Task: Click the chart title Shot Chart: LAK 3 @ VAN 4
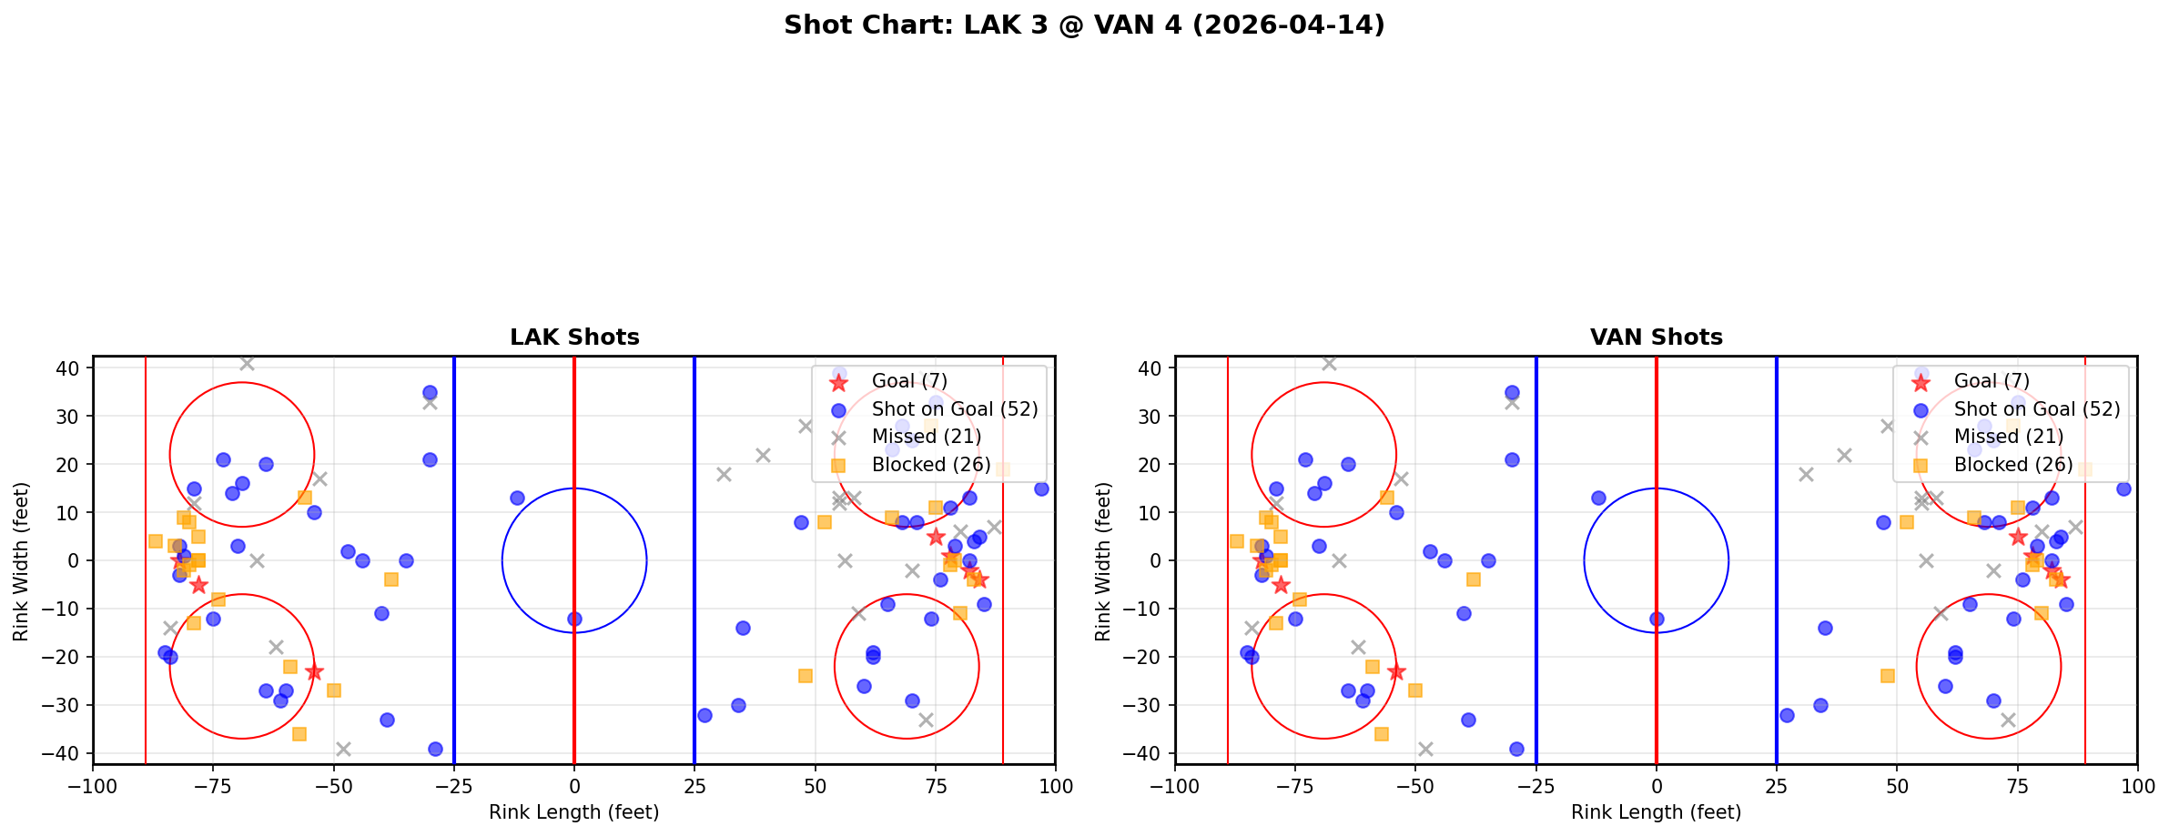coord(1083,25)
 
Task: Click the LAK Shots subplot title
coord(574,337)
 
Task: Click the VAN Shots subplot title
coord(1656,337)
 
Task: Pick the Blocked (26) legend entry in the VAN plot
coord(2013,465)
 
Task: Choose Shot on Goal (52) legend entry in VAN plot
coord(2037,409)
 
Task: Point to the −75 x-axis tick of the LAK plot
coord(213,786)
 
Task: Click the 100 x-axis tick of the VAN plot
coord(2136,786)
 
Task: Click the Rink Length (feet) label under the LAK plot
coord(573,812)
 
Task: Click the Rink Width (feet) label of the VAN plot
coord(1103,561)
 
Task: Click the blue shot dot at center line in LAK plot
coord(574,619)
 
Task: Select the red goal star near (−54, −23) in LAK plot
coord(314,672)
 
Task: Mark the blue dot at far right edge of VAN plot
coord(2123,489)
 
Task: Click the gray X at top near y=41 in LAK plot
coord(247,363)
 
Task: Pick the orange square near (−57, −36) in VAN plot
coord(1382,733)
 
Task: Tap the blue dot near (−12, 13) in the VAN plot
coord(1598,498)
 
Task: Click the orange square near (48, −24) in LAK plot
coord(805,676)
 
